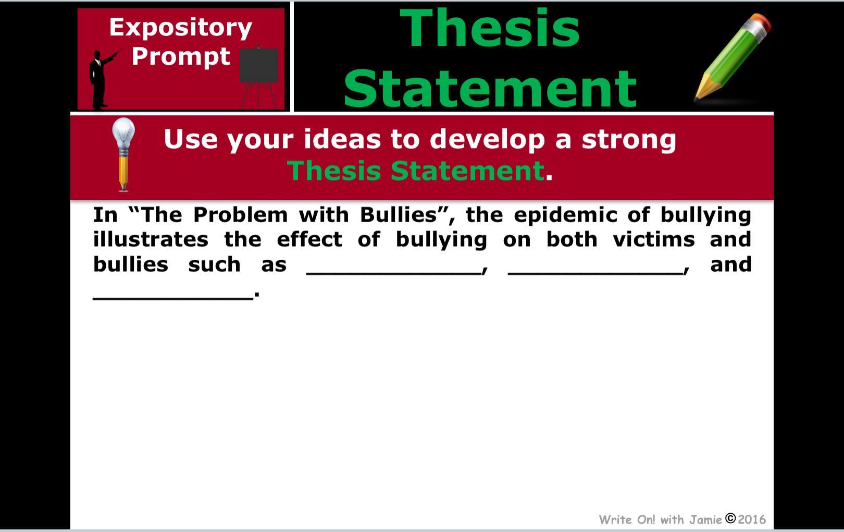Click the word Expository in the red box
(x=180, y=28)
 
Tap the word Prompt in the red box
(x=180, y=57)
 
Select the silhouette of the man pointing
(x=102, y=80)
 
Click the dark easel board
(x=259, y=65)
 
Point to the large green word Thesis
(x=490, y=28)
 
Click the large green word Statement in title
(x=490, y=89)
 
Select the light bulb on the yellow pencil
(x=123, y=133)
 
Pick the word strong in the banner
(x=629, y=140)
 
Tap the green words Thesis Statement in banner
(x=416, y=171)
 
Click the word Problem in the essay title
(x=240, y=215)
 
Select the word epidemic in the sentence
(x=566, y=215)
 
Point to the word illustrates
(x=151, y=239)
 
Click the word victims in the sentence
(x=654, y=239)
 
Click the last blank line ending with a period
(x=173, y=298)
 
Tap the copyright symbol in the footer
(x=730, y=518)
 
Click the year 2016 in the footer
(x=752, y=519)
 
